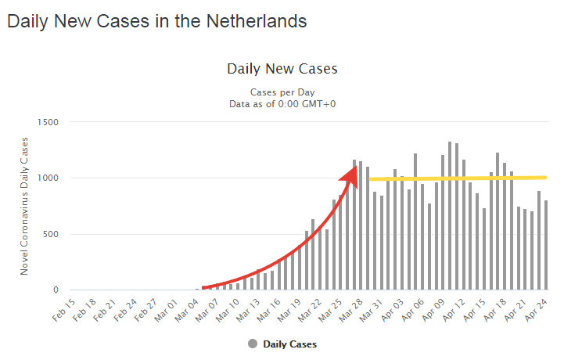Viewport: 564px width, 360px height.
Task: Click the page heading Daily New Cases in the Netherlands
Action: tap(156, 21)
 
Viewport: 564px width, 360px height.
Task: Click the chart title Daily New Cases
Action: tap(282, 69)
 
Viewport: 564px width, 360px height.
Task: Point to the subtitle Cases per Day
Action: tap(282, 91)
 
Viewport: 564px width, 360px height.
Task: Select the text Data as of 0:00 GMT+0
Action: tap(282, 103)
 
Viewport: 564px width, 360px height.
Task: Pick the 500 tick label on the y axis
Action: tap(52, 234)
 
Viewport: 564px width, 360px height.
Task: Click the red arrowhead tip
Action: tap(357, 163)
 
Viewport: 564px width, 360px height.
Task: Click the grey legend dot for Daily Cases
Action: tap(253, 344)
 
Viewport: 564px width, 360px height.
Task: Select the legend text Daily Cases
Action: tap(290, 344)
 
